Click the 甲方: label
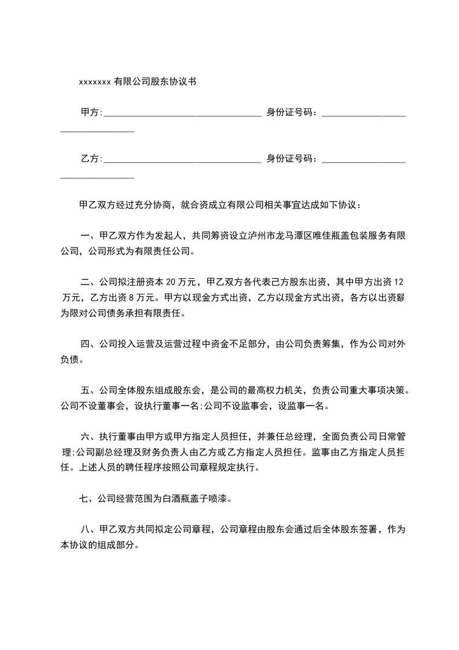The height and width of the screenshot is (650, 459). [91, 112]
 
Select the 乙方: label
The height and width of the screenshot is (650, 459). [91, 159]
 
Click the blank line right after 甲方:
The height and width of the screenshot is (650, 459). [182, 113]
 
